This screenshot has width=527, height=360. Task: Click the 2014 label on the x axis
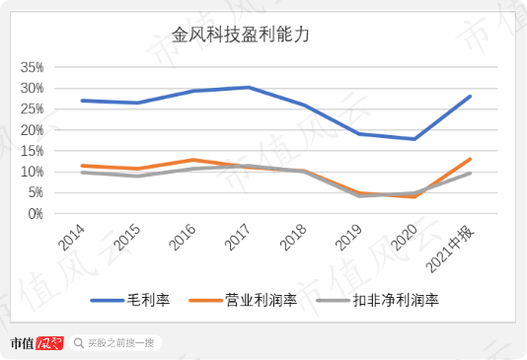[x=71, y=238]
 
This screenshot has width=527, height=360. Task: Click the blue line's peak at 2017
[x=249, y=88]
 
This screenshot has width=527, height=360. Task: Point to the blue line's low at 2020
[x=414, y=139]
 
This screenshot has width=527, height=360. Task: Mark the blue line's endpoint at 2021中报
[x=470, y=97]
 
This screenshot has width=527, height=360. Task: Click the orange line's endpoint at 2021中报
[x=470, y=159]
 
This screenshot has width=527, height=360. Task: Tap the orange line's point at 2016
[x=193, y=160]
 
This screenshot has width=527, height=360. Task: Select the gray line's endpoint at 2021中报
[x=470, y=174]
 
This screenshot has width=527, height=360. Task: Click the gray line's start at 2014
[x=83, y=173]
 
